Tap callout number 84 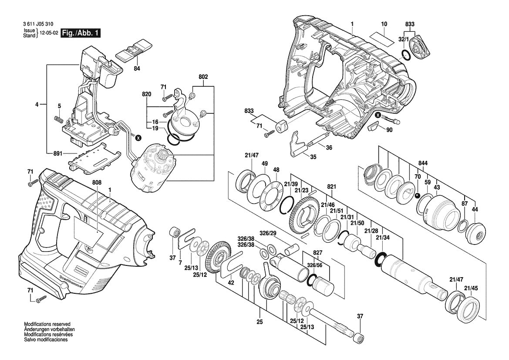tap(137, 68)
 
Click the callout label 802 tap(203, 77)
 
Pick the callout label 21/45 tap(471, 288)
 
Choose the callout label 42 tap(231, 283)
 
